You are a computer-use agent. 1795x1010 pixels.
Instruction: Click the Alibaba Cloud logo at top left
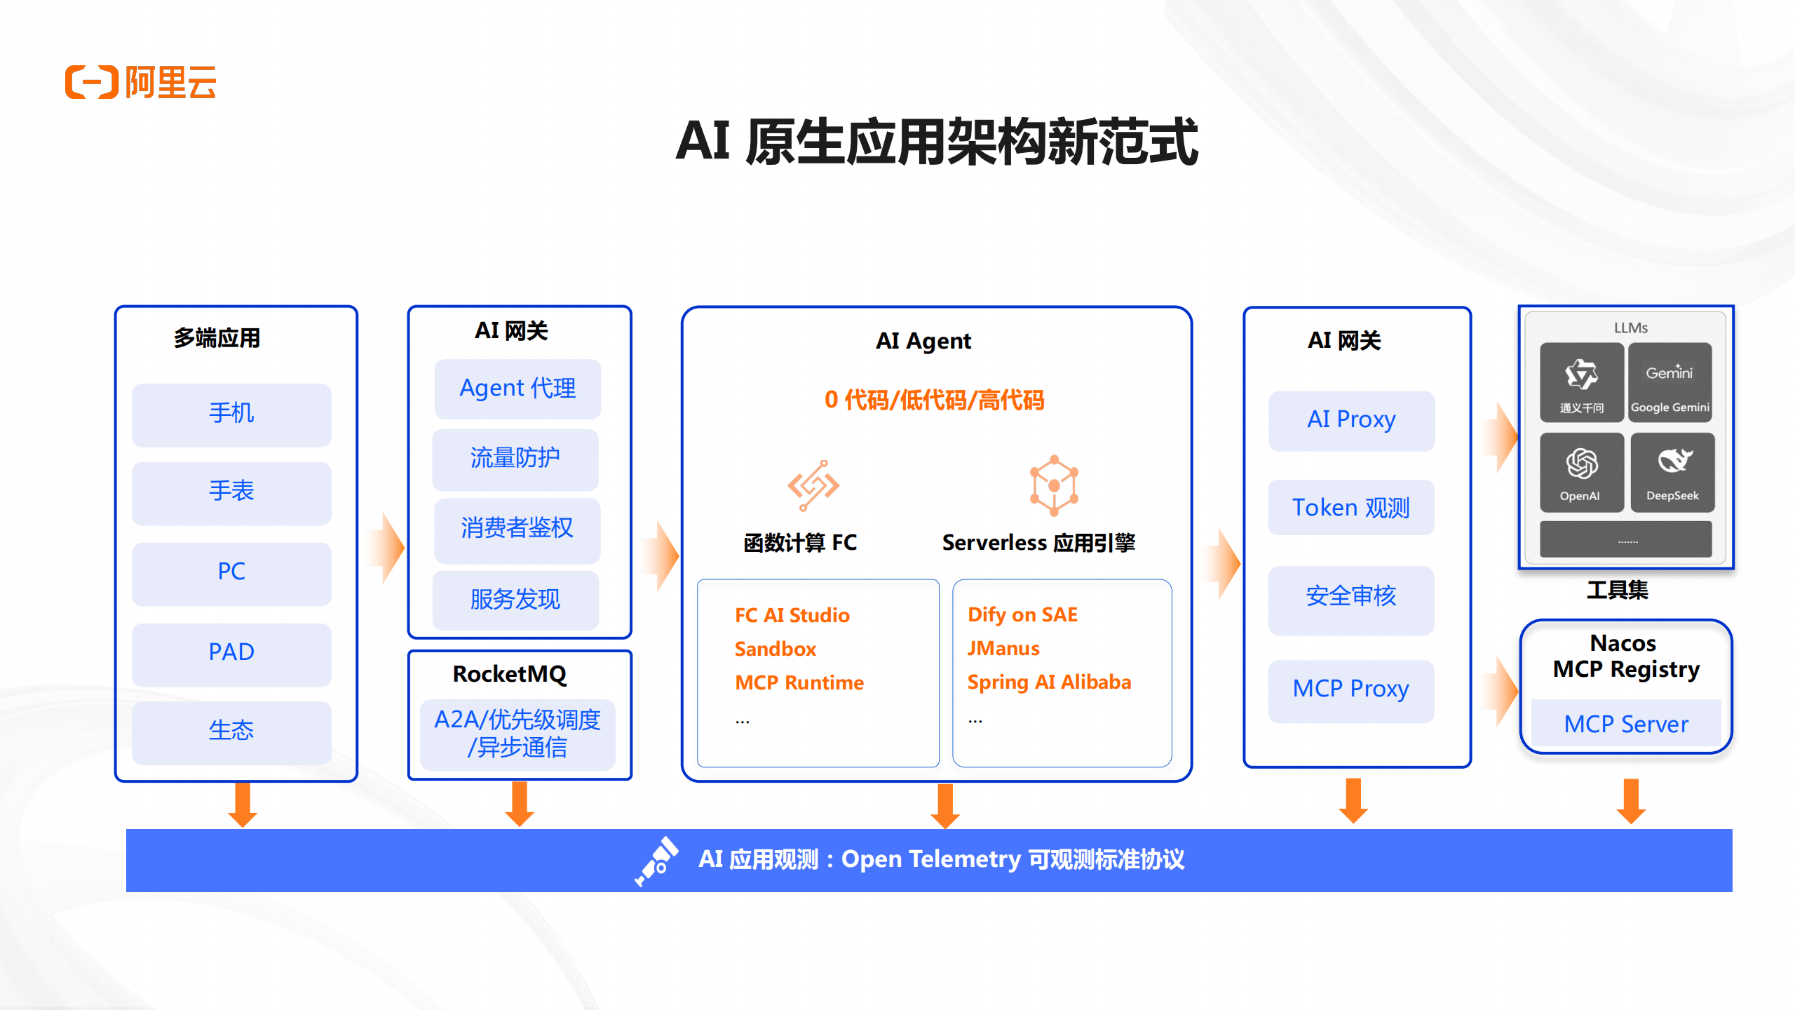(140, 83)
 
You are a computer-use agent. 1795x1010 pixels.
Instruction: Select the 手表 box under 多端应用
(231, 492)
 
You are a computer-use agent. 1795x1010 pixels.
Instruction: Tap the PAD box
(231, 653)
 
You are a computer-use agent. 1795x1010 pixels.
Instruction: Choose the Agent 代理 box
(517, 389)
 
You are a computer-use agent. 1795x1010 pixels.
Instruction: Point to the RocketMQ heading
(510, 674)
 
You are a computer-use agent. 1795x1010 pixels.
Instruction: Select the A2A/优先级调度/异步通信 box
(517, 734)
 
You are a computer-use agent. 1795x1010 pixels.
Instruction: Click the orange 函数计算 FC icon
(813, 485)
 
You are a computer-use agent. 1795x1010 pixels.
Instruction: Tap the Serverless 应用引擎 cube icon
(1053, 485)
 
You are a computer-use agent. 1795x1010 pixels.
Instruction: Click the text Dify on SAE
(1022, 615)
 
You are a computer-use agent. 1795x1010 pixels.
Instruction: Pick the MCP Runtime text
(799, 683)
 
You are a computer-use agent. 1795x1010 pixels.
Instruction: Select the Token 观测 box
(1350, 508)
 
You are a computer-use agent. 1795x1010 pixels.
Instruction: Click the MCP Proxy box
(1350, 689)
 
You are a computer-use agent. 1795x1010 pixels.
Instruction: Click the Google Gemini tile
(1669, 383)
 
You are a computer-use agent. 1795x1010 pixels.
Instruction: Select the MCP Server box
(1626, 725)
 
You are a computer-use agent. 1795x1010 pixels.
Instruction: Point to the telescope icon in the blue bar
(657, 860)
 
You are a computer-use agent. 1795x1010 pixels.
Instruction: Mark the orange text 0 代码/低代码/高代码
(934, 400)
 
